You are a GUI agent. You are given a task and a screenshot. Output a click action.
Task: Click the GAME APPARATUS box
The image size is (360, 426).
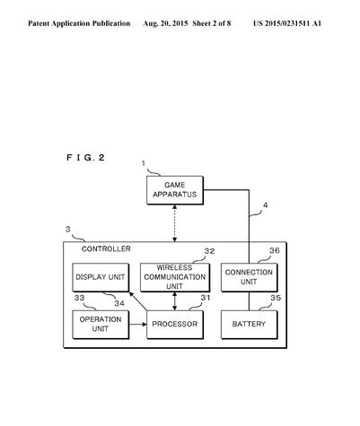point(175,190)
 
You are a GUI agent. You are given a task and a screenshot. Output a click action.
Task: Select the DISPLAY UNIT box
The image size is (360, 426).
point(101,277)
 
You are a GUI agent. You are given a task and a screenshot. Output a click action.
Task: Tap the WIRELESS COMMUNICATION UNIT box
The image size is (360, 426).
point(175,277)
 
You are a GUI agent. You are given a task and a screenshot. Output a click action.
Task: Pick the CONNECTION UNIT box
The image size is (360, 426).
point(250,277)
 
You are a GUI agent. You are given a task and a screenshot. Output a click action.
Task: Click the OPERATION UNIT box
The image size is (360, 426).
point(101,325)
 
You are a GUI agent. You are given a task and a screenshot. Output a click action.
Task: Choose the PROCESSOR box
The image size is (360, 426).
point(175,325)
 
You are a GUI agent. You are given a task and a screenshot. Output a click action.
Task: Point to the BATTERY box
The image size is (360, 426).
point(250,325)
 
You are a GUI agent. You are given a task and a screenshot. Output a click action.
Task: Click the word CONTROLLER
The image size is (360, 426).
point(106,249)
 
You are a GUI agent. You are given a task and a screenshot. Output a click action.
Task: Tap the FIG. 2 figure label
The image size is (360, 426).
point(85,158)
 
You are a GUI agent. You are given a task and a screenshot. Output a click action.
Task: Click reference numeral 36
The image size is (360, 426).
point(275,250)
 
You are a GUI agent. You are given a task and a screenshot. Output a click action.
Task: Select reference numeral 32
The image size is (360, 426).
point(209,251)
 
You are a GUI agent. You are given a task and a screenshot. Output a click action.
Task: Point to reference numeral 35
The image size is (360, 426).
point(276,298)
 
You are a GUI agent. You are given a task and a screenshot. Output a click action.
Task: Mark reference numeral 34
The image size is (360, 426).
point(119,303)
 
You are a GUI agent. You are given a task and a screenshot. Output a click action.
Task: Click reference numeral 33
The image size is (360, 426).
point(80,298)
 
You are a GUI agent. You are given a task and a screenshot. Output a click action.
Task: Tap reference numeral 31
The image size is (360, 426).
point(206,298)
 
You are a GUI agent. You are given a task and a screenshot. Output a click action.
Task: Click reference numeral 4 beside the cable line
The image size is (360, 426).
point(265,205)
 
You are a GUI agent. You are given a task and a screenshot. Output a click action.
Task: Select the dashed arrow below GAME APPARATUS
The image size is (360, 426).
point(175,223)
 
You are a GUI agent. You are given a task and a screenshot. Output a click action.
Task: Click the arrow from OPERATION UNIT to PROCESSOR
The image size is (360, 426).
point(138,324)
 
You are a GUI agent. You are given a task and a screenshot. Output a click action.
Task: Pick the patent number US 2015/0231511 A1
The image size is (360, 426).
point(287,23)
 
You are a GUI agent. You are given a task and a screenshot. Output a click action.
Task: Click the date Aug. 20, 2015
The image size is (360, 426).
point(165,23)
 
